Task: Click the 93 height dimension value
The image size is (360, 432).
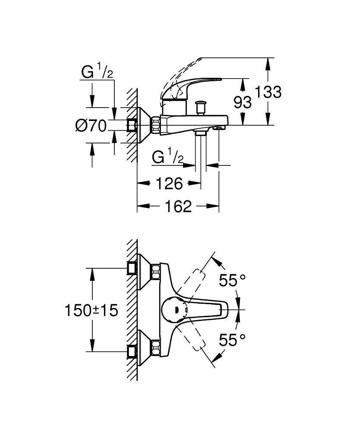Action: point(242,102)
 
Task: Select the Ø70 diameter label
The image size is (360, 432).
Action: point(91,126)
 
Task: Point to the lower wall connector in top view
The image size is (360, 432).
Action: point(142,349)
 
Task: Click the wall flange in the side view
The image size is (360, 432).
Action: point(143,125)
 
